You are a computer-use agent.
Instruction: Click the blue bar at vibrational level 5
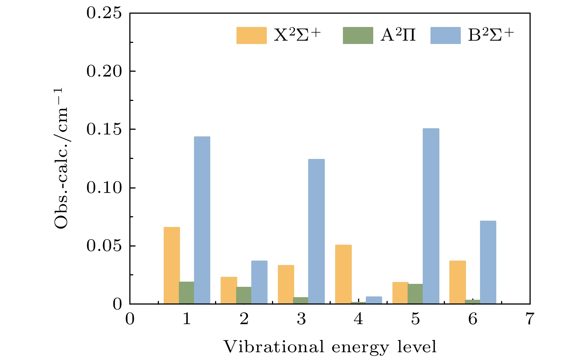[431, 216]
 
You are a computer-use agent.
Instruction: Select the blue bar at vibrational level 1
[202, 220]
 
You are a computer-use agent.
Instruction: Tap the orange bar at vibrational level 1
[171, 265]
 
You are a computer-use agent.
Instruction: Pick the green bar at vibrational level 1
[187, 293]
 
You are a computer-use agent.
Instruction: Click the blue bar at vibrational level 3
[316, 231]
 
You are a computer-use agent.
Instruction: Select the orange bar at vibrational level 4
[343, 274]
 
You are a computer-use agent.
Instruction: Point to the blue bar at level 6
[488, 262]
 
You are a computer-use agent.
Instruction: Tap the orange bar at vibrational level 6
[457, 282]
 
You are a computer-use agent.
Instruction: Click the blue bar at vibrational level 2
[259, 282]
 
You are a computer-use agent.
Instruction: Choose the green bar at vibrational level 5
[415, 294]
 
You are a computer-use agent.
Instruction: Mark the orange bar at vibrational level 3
[286, 285]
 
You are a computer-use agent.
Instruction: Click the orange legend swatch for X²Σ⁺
[251, 35]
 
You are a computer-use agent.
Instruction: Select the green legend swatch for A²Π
[358, 35]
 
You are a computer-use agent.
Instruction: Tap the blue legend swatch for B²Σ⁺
[445, 35]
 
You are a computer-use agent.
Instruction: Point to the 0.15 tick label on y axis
[104, 130]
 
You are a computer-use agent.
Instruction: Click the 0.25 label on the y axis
[104, 13]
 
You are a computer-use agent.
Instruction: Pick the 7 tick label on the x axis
[530, 319]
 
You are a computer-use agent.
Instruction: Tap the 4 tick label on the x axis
[358, 319]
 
